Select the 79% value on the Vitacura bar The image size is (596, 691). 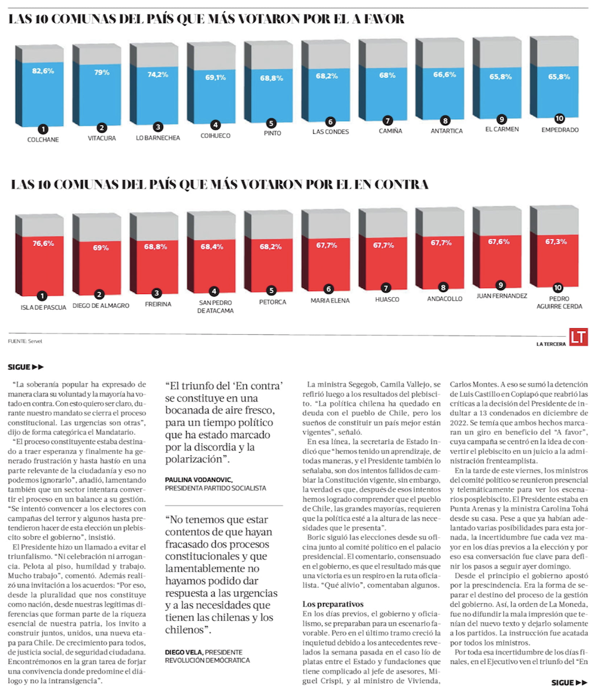pos(101,72)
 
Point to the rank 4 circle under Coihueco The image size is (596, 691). pos(215,124)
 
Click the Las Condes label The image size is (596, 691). pos(329,132)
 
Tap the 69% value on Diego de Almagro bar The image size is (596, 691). pos(101,248)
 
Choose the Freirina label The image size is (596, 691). pos(158,304)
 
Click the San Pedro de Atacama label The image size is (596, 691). pos(215,306)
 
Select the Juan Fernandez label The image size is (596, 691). pos(501,295)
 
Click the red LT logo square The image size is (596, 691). pos(579,337)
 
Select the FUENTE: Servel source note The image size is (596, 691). pos(27,342)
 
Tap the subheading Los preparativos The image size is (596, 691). pos(333,604)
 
